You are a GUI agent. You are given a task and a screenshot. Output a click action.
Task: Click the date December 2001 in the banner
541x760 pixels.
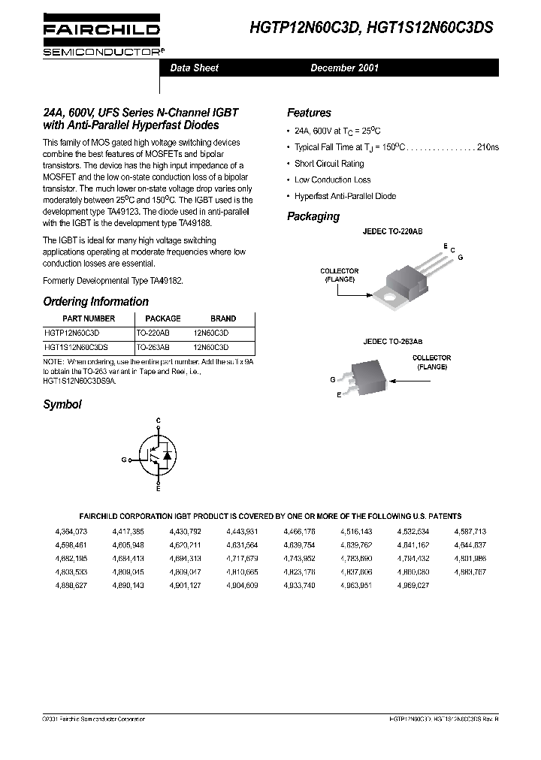(344, 68)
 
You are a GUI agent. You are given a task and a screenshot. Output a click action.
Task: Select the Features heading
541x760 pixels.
(309, 113)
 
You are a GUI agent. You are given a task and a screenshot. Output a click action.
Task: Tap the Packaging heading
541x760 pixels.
(313, 216)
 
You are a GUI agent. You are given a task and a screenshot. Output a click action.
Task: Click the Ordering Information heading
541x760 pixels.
(95, 301)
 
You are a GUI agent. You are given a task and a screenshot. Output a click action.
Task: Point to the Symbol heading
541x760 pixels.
(62, 404)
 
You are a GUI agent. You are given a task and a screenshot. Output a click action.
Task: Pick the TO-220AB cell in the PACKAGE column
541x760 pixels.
(153, 331)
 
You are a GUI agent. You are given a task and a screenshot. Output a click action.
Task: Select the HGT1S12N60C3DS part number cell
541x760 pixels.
(76, 348)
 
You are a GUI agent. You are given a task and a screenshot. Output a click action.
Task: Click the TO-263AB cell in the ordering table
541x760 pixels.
(153, 348)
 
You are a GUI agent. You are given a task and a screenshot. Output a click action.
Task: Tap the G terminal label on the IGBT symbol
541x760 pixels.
(124, 458)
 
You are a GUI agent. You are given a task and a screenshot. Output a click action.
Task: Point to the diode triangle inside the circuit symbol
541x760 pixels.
(168, 455)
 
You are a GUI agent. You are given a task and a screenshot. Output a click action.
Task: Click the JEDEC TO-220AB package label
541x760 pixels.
(392, 234)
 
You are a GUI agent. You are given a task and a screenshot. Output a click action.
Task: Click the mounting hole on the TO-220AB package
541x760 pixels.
(389, 300)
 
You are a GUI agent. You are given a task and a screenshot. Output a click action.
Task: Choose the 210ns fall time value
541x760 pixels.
(488, 147)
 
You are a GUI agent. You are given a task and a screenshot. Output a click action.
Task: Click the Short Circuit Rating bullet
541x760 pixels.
(328, 164)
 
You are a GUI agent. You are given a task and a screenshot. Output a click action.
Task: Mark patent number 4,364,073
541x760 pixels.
(71, 531)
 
